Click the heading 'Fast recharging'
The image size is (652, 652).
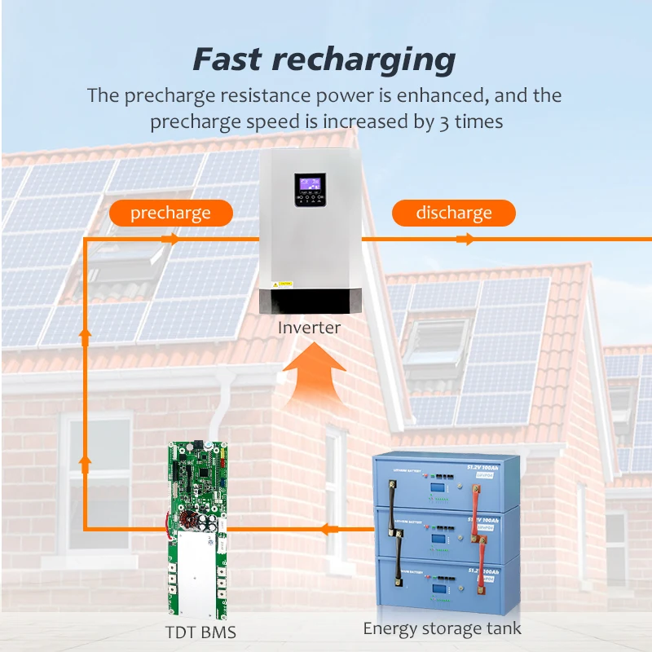click(x=324, y=59)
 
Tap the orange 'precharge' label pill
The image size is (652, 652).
click(x=170, y=214)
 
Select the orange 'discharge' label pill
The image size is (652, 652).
click(x=454, y=214)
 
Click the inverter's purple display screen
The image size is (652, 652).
click(x=312, y=183)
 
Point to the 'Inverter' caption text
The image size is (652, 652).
click(x=309, y=328)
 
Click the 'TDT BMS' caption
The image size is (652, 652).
click(x=196, y=631)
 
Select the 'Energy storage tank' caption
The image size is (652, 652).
click(x=442, y=628)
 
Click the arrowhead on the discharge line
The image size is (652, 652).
click(x=465, y=239)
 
